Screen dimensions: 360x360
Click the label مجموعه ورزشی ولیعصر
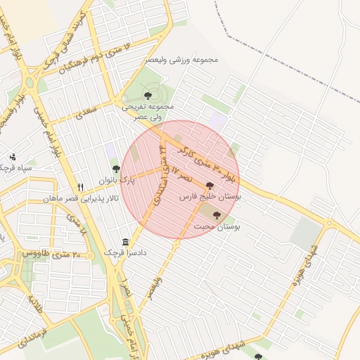point(181,60)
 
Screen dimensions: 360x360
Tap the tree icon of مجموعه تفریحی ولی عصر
point(148,95)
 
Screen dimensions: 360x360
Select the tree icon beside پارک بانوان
point(116,169)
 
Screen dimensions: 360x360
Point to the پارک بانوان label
point(116,181)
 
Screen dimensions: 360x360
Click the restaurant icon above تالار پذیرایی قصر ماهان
point(81,187)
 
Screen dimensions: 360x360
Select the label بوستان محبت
point(216,228)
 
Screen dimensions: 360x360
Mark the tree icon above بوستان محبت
point(216,214)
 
